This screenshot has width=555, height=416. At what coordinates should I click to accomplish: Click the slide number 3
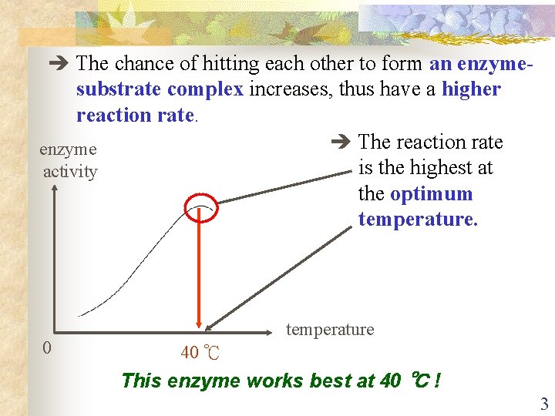click(543, 404)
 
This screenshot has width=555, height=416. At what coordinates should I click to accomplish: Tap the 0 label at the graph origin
click(47, 348)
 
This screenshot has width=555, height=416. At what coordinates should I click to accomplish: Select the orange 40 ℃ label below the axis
click(200, 354)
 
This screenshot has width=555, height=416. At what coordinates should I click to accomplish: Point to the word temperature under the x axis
click(330, 330)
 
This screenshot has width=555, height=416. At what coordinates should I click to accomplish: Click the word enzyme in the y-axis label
click(68, 149)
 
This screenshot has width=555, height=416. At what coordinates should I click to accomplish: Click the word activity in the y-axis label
click(70, 171)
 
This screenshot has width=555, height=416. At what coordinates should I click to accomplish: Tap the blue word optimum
click(431, 193)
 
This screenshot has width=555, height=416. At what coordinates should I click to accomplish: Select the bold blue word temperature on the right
click(418, 220)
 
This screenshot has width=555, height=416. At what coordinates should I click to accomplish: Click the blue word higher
click(471, 89)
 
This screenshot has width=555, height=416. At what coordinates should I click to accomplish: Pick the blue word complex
click(205, 89)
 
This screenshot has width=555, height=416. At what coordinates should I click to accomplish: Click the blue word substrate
click(119, 89)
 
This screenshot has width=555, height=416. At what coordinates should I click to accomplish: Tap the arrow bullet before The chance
click(59, 63)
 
